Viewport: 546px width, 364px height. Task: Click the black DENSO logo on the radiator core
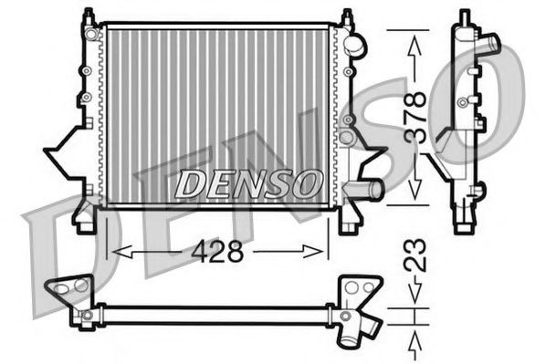(247, 183)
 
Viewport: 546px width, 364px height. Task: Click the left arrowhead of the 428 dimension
(115, 251)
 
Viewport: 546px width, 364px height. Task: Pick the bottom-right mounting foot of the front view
(346, 219)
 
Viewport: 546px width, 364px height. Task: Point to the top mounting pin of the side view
(465, 16)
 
